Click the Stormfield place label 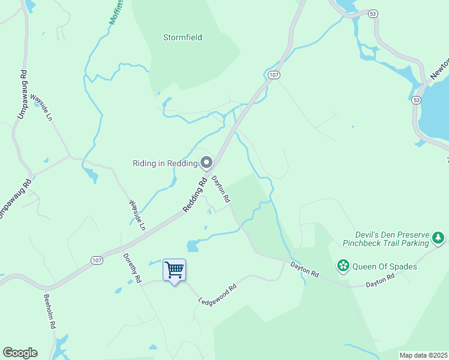pos(182,37)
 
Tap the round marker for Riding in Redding pos(206,163)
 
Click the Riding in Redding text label pos(164,164)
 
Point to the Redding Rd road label pos(194,193)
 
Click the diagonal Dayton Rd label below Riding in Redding pos(220,188)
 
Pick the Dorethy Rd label pos(132,268)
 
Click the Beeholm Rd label pos(49,310)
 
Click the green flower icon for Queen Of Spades pos(343,265)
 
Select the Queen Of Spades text pos(384,266)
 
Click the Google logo pos(20,353)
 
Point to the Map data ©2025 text pos(423,355)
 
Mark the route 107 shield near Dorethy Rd pos(97,260)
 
